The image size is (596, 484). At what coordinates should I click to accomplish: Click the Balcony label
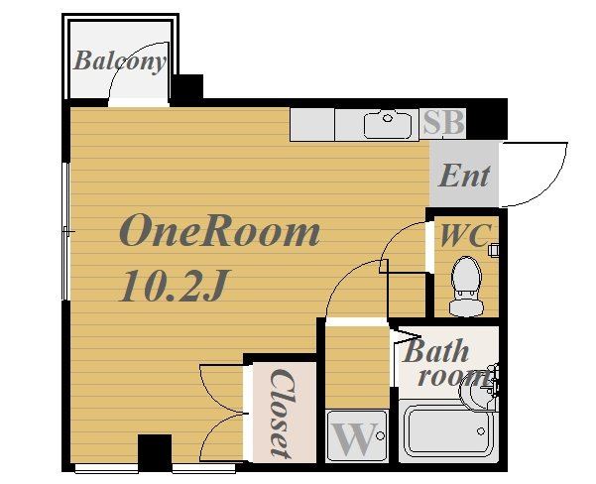(x=120, y=60)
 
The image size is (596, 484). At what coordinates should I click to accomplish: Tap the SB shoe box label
(x=443, y=122)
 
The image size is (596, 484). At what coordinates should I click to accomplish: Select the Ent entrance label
(x=464, y=176)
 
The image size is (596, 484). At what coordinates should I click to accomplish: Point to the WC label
(x=466, y=235)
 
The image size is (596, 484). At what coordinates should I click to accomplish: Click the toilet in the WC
(x=466, y=287)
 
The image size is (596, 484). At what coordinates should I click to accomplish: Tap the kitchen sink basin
(x=388, y=124)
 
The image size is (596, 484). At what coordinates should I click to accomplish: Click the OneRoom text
(x=220, y=230)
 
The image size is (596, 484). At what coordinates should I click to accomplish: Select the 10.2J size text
(x=175, y=286)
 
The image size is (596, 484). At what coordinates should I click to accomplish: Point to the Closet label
(x=282, y=413)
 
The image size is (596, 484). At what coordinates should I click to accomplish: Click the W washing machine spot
(x=357, y=436)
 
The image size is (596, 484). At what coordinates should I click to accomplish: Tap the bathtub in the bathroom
(x=448, y=431)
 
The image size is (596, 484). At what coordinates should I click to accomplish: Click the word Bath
(x=435, y=351)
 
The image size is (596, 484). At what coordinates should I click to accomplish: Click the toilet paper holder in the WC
(x=494, y=250)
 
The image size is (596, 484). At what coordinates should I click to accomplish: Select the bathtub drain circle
(x=481, y=431)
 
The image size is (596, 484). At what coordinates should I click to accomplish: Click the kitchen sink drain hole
(x=388, y=118)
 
